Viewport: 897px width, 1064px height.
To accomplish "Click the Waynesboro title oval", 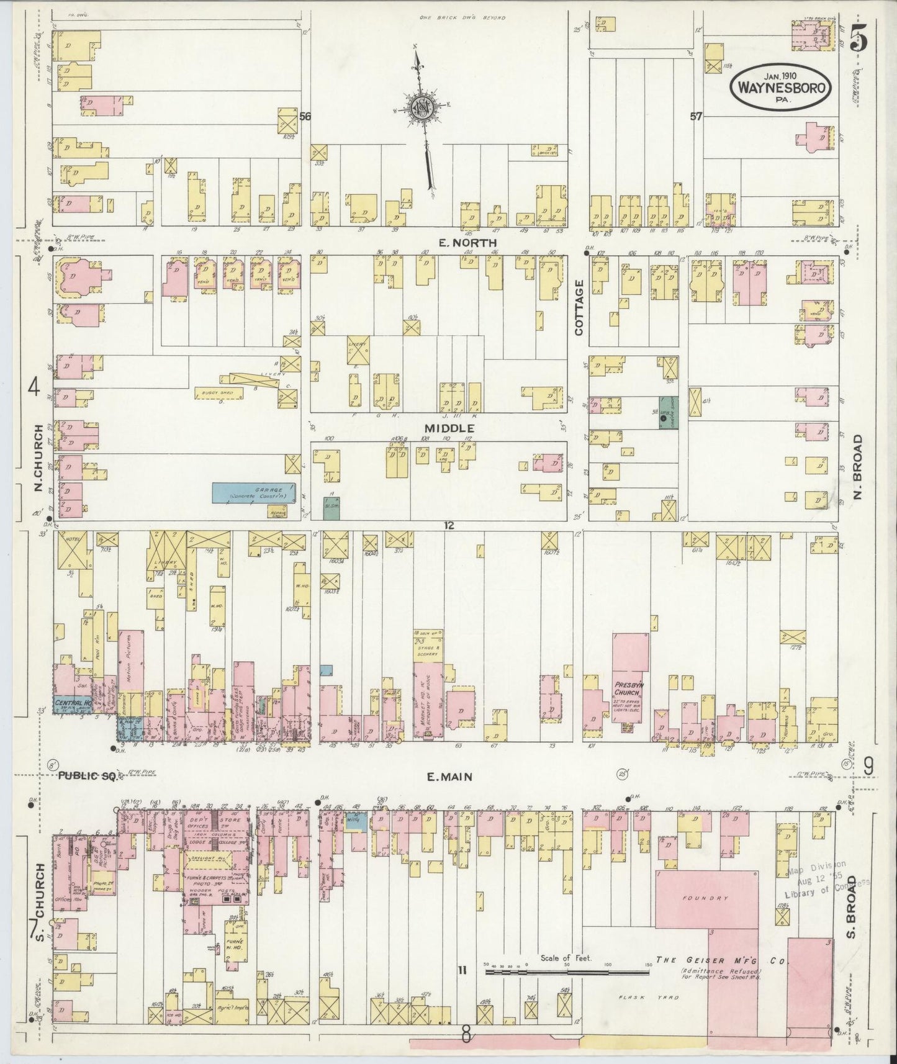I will [781, 87].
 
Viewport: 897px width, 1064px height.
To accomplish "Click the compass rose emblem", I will [421, 107].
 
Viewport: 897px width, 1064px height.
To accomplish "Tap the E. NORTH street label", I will [459, 242].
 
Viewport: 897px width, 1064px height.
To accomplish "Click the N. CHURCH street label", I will [38, 458].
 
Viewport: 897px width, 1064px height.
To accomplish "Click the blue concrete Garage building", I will [253, 492].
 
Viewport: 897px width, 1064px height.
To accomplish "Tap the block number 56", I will [304, 116].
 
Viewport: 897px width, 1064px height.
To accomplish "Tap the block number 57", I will [695, 115].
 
